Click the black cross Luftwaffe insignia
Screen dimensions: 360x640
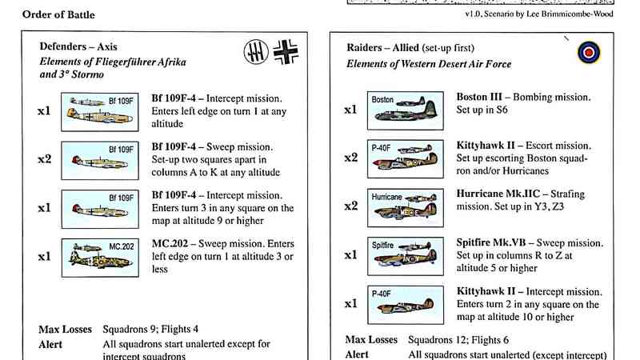click(x=286, y=53)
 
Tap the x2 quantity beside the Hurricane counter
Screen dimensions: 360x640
click(x=350, y=206)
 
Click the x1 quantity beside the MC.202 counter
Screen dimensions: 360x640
click(x=45, y=256)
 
